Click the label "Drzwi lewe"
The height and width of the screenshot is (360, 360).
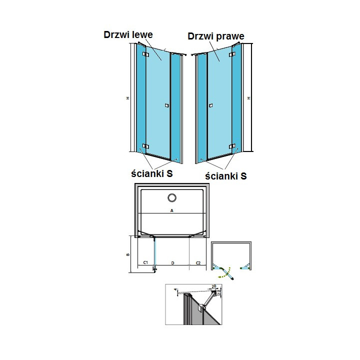128,35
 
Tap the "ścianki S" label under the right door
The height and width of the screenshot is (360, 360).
226,175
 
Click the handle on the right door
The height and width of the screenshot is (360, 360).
211,105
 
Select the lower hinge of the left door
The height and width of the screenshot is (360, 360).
145,146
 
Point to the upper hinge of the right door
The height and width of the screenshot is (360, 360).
232,54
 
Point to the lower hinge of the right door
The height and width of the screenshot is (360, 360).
231,146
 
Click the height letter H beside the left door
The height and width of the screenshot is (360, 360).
127,98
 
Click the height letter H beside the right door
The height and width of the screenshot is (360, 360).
248,98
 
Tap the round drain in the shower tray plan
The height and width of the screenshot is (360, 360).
171,197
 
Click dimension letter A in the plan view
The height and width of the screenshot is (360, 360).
171,211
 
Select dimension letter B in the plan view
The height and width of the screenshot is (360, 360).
128,254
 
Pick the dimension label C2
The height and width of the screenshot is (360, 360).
197,262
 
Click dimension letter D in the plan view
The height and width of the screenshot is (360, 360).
172,262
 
